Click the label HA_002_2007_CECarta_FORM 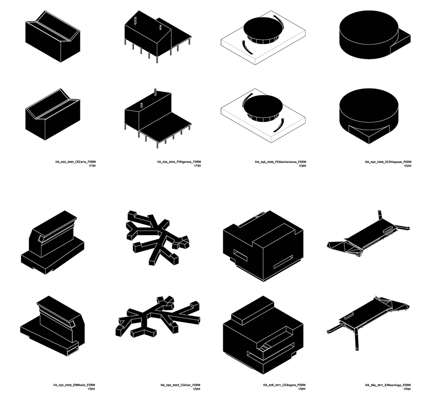point(75,162)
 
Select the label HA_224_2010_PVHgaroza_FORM point(179,162)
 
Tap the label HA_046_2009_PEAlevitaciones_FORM point(280,162)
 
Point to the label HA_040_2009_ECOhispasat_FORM point(388,162)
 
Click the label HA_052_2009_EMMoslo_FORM point(74,385)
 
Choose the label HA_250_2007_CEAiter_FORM point(180,385)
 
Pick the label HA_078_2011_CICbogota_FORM point(284,385)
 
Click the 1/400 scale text point(408,166)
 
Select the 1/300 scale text point(302,166)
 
